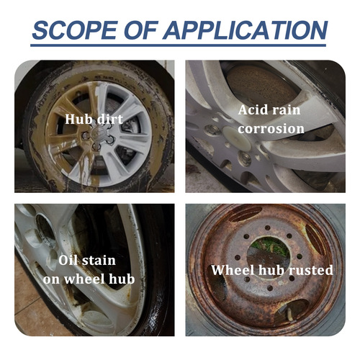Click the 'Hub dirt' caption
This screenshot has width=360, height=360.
coord(93,118)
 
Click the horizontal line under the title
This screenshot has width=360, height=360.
coord(180,48)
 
